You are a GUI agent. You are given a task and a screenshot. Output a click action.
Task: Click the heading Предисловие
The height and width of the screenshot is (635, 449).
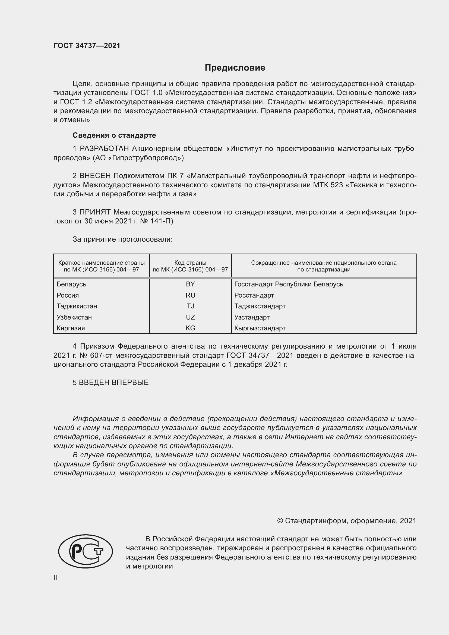tap(235, 68)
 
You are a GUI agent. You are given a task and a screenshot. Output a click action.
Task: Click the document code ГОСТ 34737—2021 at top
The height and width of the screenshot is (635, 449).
tap(87, 46)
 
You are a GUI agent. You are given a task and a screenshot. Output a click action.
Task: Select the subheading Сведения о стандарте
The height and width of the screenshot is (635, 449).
tap(114, 135)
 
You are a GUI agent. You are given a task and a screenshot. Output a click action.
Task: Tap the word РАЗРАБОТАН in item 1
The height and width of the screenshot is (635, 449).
tap(104, 149)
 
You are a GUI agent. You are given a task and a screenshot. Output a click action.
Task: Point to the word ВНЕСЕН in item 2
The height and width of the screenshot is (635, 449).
tap(95, 176)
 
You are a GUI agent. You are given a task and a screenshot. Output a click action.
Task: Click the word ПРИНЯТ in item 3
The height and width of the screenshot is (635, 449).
tap(95, 212)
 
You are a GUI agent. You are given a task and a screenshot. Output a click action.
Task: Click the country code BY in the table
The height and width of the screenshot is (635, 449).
tap(190, 284)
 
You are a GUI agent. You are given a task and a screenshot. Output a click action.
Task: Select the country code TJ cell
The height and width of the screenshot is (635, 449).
tap(190, 306)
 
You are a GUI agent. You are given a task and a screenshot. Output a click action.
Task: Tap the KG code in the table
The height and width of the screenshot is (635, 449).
tap(190, 328)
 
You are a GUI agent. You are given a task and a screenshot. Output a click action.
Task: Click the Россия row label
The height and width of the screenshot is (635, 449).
tap(68, 295)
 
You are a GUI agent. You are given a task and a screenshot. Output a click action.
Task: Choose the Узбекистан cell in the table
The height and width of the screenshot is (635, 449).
tap(74, 317)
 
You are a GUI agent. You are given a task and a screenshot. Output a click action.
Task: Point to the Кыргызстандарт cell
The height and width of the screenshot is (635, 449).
tap(260, 328)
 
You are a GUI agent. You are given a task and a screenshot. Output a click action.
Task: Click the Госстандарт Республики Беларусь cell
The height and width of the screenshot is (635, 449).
tap(289, 284)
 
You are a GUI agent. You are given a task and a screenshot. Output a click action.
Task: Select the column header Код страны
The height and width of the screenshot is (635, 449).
tap(190, 263)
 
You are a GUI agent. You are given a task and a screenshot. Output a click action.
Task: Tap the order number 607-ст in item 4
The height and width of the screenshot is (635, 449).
tap(102, 355)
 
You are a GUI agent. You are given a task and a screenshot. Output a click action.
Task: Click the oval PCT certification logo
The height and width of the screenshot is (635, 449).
tap(86, 551)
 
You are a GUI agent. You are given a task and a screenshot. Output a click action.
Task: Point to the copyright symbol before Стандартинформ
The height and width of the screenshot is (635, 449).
tap(280, 521)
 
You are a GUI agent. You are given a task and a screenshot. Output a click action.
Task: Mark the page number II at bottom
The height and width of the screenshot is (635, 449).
tap(55, 577)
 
